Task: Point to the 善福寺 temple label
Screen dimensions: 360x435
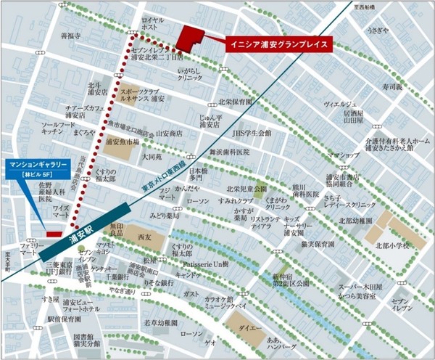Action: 70,34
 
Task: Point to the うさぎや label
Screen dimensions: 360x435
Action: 378,31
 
